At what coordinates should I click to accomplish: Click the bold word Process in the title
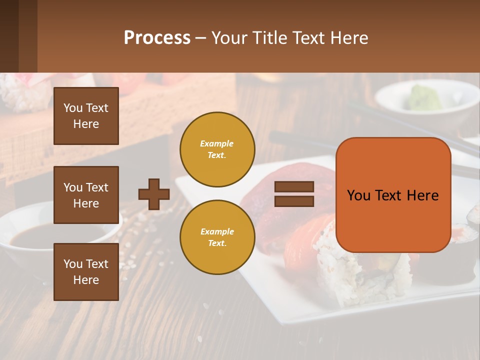(x=157, y=38)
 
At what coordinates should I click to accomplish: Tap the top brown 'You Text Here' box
(x=86, y=116)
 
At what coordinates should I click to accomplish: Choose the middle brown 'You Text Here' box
(x=86, y=195)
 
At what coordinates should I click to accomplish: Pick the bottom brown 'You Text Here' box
(x=86, y=272)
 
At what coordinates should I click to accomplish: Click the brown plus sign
(x=154, y=194)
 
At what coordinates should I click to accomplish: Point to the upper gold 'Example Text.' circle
(x=217, y=149)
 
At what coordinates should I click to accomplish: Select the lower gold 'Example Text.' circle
(x=217, y=237)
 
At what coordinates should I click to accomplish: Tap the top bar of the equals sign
(x=294, y=187)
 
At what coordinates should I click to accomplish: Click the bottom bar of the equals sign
(x=294, y=201)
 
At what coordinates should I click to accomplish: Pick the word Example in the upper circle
(x=216, y=143)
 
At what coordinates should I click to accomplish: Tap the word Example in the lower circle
(x=217, y=231)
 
